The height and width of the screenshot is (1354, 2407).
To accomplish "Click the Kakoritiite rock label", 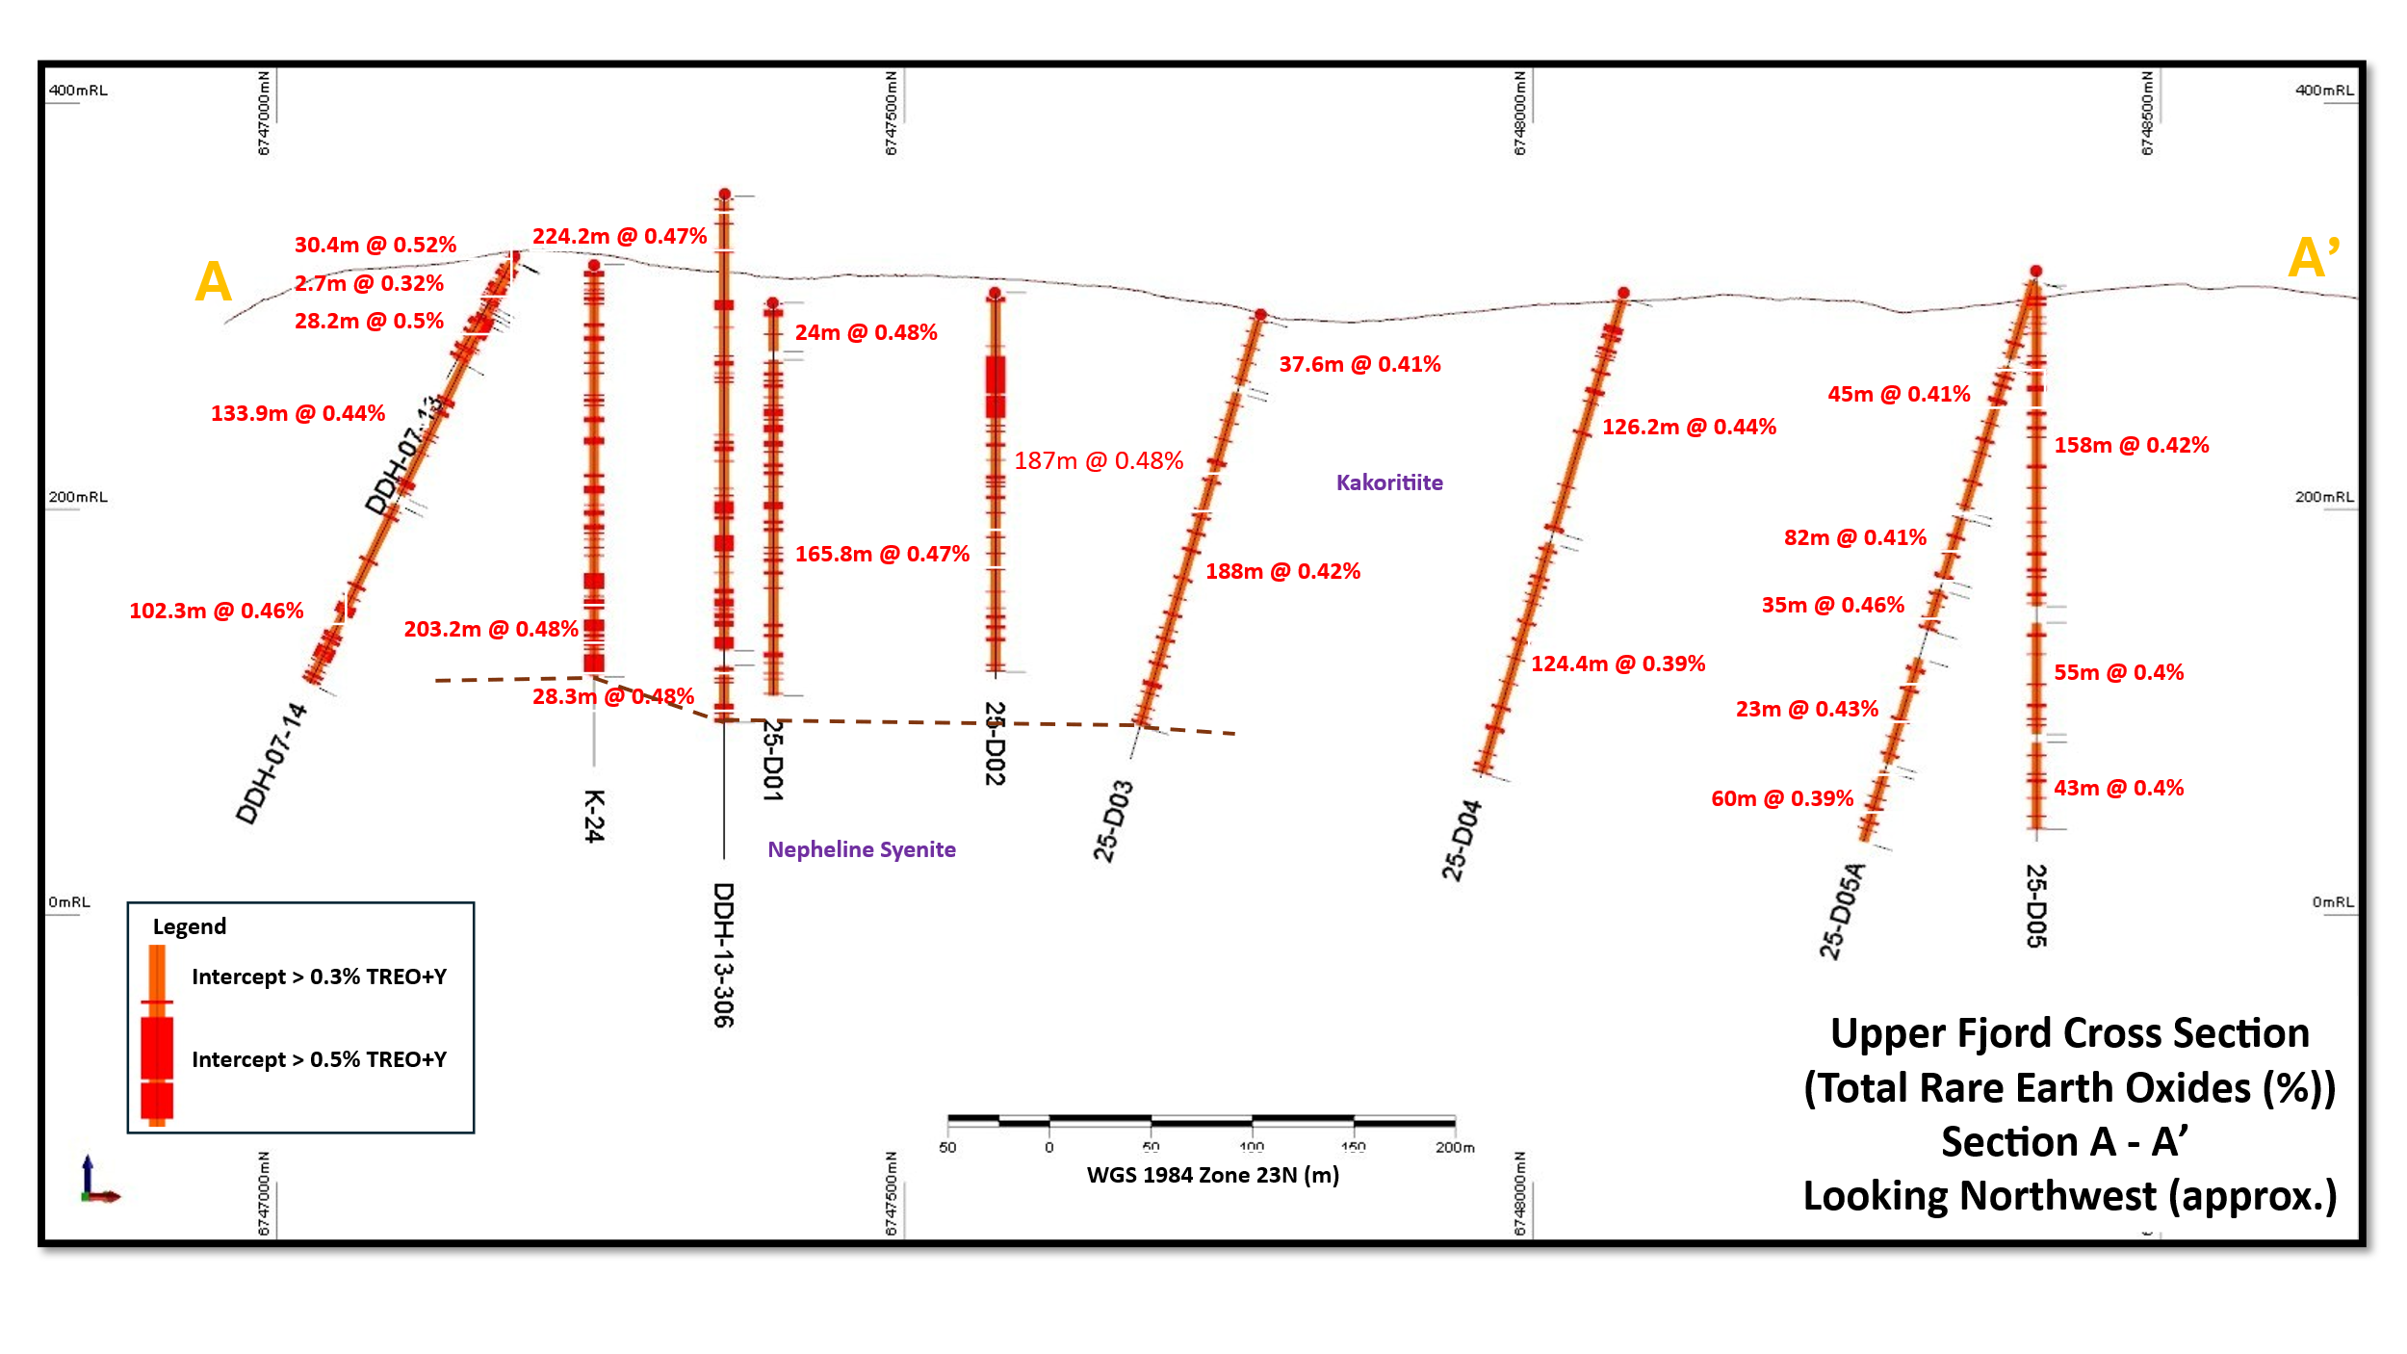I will pyautogui.click(x=1388, y=482).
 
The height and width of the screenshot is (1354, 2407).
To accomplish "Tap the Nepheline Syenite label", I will pyautogui.click(x=861, y=849).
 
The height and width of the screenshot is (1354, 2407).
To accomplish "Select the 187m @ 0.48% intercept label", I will pyautogui.click(x=1098, y=461).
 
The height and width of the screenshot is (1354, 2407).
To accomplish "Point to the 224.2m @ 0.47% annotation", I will pyautogui.click(x=619, y=236).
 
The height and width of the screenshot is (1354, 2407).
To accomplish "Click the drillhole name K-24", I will pyautogui.click(x=594, y=816).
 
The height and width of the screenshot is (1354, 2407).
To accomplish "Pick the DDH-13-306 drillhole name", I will pyautogui.click(x=723, y=954).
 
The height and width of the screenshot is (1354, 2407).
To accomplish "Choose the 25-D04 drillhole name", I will pyautogui.click(x=1461, y=840).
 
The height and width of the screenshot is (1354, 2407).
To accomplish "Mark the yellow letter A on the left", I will pyautogui.click(x=213, y=282).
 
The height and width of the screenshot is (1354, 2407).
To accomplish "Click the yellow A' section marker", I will pyautogui.click(x=2313, y=258).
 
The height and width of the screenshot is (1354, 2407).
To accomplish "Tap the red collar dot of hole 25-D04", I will pyautogui.click(x=1623, y=293).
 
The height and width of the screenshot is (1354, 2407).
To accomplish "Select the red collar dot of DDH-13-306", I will pyautogui.click(x=724, y=195).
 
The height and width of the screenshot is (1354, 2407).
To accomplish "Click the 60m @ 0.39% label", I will pyautogui.click(x=1781, y=798).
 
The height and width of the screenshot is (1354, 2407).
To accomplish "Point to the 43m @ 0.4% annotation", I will pyautogui.click(x=2118, y=788).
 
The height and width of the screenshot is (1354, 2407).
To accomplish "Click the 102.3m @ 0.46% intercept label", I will pyautogui.click(x=216, y=611).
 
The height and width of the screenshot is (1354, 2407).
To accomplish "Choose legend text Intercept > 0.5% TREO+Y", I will pyautogui.click(x=319, y=1059).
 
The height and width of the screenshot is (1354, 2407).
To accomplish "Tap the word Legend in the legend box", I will pyautogui.click(x=190, y=926).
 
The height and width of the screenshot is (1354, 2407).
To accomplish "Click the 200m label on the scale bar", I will pyautogui.click(x=1454, y=1147).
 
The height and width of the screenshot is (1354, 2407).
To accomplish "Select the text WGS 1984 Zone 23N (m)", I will pyautogui.click(x=1212, y=1175).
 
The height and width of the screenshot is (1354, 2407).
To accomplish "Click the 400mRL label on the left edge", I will pyautogui.click(x=78, y=91).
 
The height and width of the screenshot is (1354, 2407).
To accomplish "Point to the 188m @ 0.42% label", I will pyautogui.click(x=1282, y=571).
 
